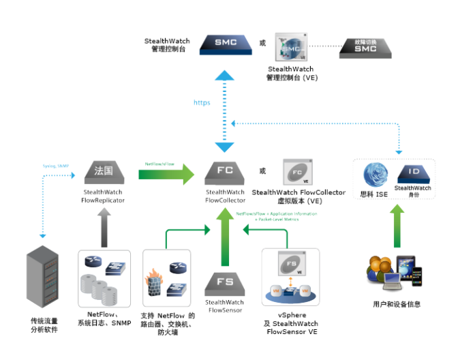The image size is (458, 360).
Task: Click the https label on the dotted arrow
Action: coord(202,102)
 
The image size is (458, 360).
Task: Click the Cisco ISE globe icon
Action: coord(376,175)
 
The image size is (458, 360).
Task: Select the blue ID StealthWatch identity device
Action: coord(413,172)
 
